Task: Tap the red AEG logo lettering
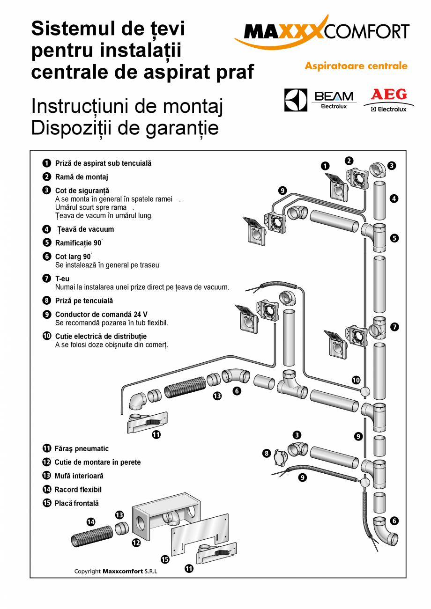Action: pyautogui.click(x=388, y=95)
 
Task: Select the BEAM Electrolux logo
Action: pyautogui.click(x=334, y=100)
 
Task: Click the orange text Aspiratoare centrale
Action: pyautogui.click(x=356, y=66)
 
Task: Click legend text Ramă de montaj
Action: pyautogui.click(x=82, y=177)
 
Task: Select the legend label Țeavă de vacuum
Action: pyautogui.click(x=86, y=229)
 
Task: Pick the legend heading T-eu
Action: pyautogui.click(x=62, y=279)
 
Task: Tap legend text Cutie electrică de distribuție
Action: pyautogui.click(x=101, y=336)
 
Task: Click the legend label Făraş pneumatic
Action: pyautogui.click(x=82, y=448)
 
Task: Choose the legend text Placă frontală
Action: pyautogui.click(x=77, y=503)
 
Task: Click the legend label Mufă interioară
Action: pyautogui.click(x=79, y=476)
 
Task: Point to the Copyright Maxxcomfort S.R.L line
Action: pyautogui.click(x=116, y=571)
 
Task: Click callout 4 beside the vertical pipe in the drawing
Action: pyautogui.click(x=394, y=198)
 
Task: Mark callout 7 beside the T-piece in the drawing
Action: pyautogui.click(x=394, y=327)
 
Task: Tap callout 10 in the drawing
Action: pyautogui.click(x=357, y=380)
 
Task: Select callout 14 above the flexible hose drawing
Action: pyautogui.click(x=91, y=522)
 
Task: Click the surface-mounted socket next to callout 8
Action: pyautogui.click(x=280, y=459)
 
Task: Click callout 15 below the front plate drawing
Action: pyautogui.click(x=165, y=559)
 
